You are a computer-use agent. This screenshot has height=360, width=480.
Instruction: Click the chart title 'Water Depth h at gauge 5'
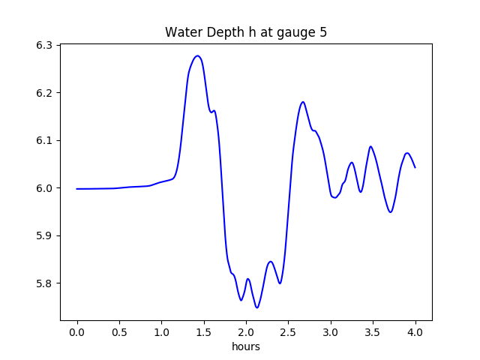click(x=246, y=33)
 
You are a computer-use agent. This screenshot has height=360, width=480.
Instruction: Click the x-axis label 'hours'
click(x=246, y=347)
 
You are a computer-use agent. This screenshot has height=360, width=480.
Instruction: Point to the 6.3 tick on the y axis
click(x=44, y=45)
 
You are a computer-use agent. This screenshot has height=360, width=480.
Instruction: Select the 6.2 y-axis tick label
click(x=44, y=93)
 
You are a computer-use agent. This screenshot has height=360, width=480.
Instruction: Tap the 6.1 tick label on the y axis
click(x=44, y=140)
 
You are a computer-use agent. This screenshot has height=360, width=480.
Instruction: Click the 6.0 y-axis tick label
click(x=44, y=188)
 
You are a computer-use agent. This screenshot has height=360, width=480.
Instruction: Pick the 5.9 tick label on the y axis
click(x=44, y=235)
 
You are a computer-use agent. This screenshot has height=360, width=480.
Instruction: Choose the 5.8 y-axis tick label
click(x=44, y=283)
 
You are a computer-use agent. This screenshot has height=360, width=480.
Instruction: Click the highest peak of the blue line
click(x=197, y=56)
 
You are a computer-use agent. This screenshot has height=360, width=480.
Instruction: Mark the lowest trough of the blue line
click(x=257, y=307)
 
